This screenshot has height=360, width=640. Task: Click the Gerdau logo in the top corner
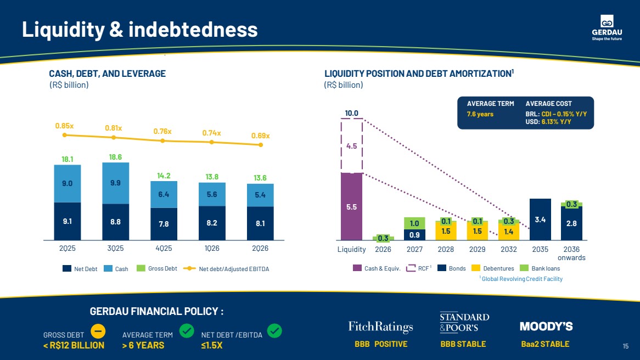[607, 28]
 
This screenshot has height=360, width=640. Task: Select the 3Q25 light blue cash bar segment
[115, 183]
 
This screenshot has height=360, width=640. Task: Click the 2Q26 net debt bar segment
[260, 223]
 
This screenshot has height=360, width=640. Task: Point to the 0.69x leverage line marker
[261, 144]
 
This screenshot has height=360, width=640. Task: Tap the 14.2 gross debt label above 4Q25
[164, 176]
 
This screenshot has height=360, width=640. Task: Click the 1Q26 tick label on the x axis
[212, 248]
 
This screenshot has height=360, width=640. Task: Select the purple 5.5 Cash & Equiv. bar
[351, 206]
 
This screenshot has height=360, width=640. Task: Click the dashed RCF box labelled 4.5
[351, 146]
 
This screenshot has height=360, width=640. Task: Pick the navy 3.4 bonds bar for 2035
[540, 219]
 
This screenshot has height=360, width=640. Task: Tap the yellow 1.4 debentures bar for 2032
[509, 232]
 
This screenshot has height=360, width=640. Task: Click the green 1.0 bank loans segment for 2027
[414, 223]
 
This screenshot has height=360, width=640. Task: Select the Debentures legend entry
[493, 268]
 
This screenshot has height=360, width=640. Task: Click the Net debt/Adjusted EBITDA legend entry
[226, 268]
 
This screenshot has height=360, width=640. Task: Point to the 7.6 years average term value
[480, 114]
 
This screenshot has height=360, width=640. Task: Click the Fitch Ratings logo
[380, 327]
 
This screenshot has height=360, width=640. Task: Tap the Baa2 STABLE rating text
[545, 344]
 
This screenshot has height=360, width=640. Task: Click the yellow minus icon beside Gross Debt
[98, 331]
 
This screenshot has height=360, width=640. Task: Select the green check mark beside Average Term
[187, 330]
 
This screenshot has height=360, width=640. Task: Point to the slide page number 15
[625, 346]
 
